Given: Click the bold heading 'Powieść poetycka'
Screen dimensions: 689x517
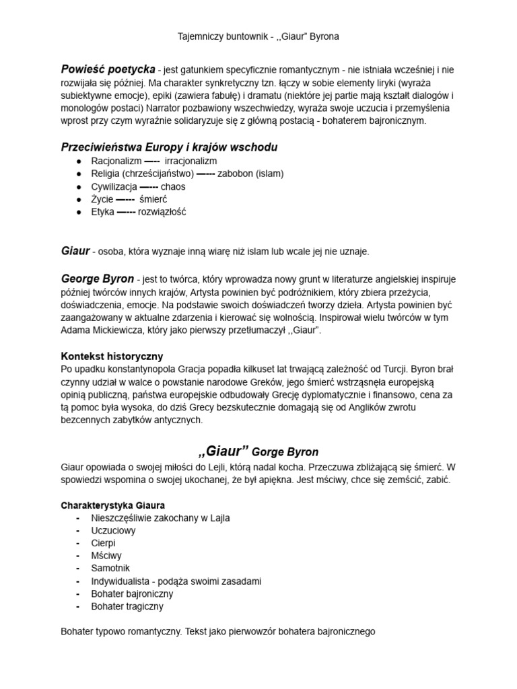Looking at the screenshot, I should pos(108,69).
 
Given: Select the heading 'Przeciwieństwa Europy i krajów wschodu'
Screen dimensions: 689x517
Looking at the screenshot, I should pos(169,147).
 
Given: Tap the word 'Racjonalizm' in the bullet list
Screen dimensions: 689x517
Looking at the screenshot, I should pos(116,161).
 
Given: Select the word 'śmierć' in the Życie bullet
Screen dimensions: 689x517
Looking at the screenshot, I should pos(153,199).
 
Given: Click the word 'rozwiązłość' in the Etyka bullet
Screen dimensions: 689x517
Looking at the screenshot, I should pos(162,212).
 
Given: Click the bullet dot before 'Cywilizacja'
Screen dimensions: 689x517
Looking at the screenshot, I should pos(80,186).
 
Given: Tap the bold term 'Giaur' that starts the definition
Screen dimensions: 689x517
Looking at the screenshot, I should pos(75,251).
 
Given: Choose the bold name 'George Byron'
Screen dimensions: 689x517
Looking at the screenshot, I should pos(98,278).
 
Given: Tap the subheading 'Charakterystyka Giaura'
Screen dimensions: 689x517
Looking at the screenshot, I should pos(113,505).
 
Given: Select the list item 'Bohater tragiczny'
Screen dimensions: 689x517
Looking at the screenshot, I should pos(127,606).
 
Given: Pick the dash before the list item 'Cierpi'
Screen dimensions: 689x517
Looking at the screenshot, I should pos(79,543).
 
